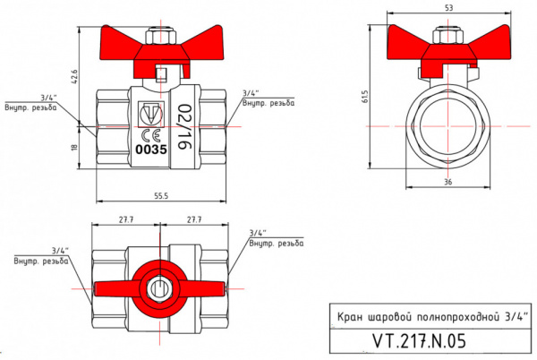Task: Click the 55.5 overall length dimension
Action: [161, 194]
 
